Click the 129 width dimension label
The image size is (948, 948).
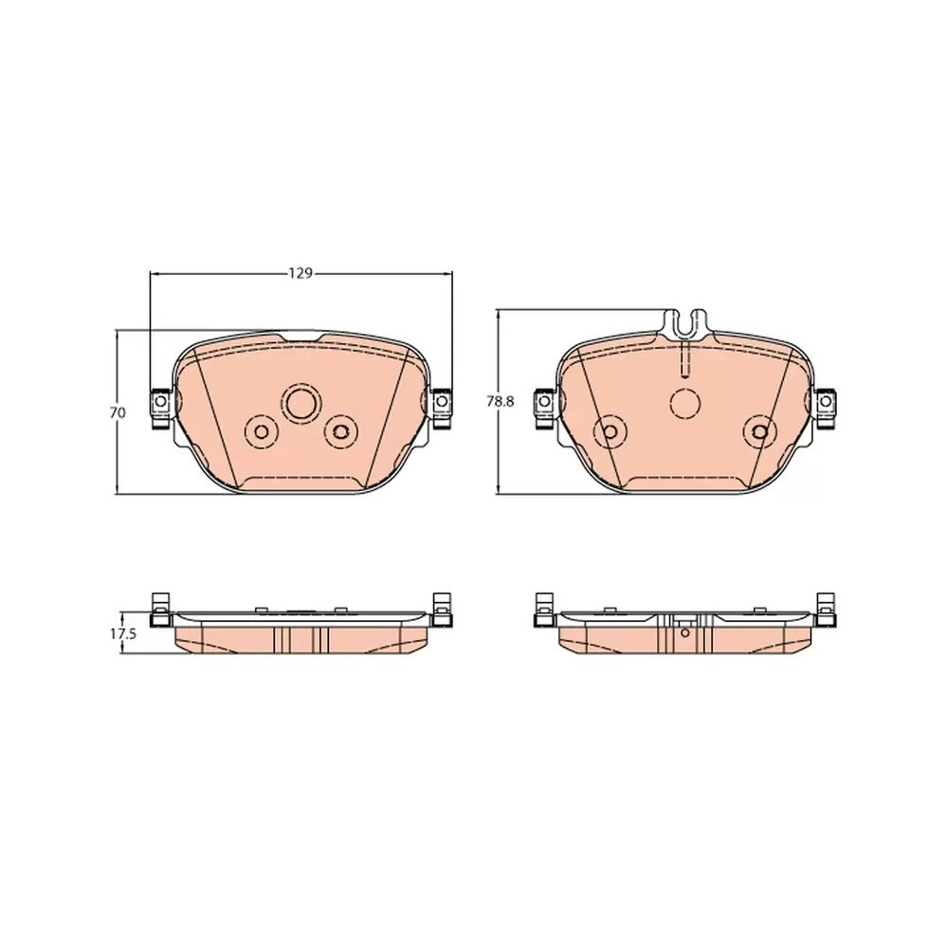[x=300, y=274]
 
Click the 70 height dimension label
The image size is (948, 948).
[x=118, y=413]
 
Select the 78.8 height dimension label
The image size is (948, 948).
[x=501, y=401]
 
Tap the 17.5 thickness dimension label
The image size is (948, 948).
[x=123, y=634]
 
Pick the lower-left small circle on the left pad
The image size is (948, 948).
[x=262, y=431]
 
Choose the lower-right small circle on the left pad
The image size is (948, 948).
[x=340, y=431]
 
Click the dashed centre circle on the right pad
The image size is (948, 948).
[x=685, y=403]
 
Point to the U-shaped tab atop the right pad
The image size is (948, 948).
[x=685, y=323]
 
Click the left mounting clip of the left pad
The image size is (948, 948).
[x=160, y=408]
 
